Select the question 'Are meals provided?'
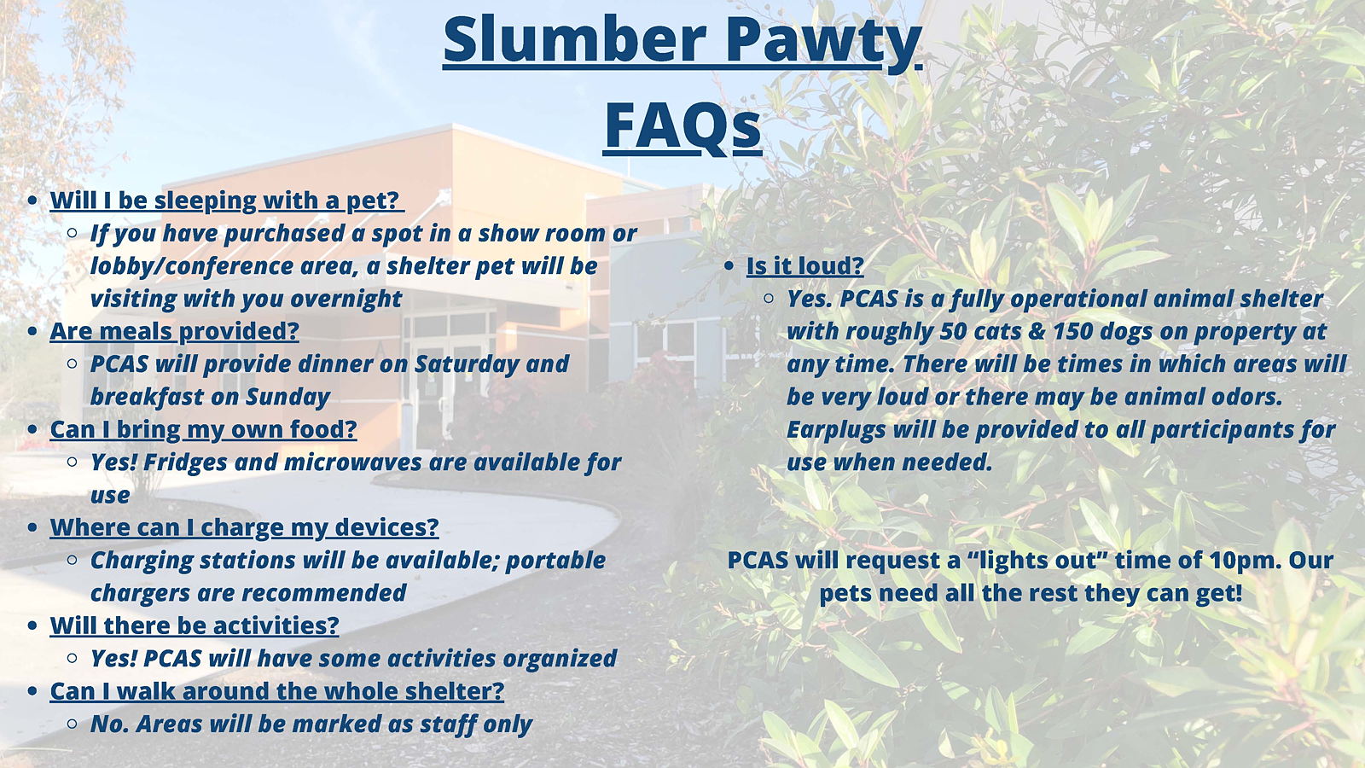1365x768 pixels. coord(174,332)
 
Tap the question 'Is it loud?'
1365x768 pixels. coord(805,265)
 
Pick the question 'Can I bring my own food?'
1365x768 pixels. coord(204,430)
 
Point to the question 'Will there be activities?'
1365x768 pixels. coord(195,626)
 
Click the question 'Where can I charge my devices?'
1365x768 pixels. coord(244,528)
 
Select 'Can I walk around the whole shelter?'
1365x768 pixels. coord(277,691)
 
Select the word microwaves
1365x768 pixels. coord(353,463)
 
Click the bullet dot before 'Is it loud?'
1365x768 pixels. coord(729,266)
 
